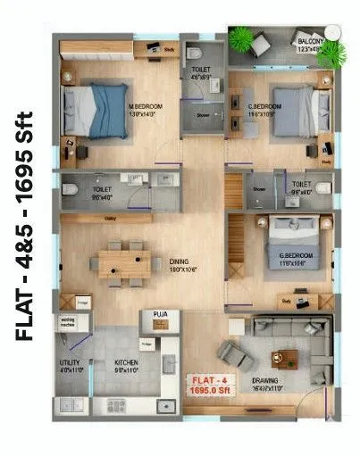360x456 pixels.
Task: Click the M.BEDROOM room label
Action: click(x=145, y=82)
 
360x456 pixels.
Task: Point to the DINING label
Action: click(x=180, y=261)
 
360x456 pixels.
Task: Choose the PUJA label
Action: click(x=162, y=314)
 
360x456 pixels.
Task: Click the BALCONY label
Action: click(x=309, y=40)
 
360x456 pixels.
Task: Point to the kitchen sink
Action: click(x=165, y=405)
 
